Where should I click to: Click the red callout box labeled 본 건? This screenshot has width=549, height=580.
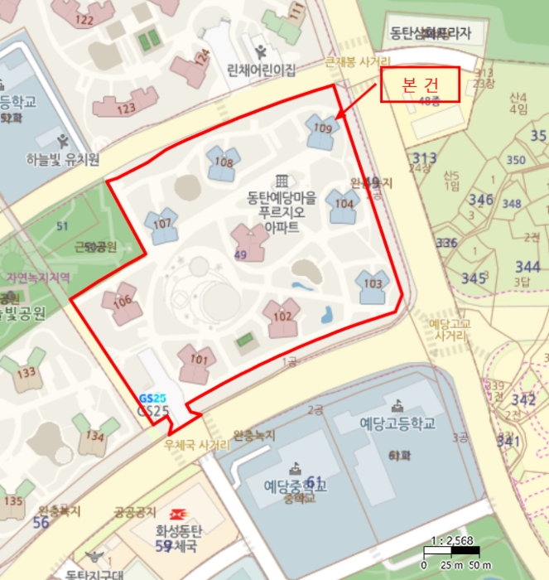tap(419, 85)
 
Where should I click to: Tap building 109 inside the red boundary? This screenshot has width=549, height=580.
tap(322, 130)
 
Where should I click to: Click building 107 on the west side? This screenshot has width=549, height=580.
tap(161, 225)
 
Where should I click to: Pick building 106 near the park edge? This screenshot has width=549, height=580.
tap(122, 302)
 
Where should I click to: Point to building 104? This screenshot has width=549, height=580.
tap(343, 205)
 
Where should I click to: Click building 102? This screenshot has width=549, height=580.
tap(282, 317)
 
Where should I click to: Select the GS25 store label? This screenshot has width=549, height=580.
tap(153, 409)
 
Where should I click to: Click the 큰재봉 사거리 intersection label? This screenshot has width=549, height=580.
tap(357, 62)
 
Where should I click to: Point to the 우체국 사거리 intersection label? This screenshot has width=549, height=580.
tap(196, 445)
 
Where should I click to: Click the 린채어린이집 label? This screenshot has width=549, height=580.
tap(261, 70)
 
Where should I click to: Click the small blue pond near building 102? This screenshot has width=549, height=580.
tap(326, 315)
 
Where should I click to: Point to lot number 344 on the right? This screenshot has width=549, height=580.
tap(527, 267)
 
